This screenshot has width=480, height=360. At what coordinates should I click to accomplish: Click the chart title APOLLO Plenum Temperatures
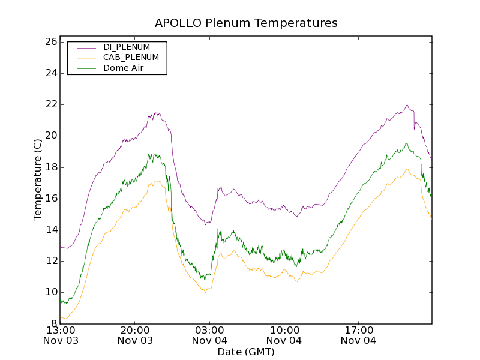coord(246,23)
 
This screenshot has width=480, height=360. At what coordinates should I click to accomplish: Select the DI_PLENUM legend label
coord(127,47)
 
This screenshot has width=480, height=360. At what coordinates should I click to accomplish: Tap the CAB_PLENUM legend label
coord(131,58)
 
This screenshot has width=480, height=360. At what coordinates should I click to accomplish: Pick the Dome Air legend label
coord(124,68)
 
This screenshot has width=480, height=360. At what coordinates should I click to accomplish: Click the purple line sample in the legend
coord(83,47)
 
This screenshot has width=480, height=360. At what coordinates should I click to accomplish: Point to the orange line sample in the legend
coord(83,58)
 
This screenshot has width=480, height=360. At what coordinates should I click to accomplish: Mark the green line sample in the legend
coord(83,68)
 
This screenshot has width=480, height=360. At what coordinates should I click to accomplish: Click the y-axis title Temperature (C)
coord(38,179)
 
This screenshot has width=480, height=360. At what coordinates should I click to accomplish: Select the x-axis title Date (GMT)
coord(246,352)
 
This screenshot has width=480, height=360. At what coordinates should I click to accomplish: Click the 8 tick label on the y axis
coord(53,323)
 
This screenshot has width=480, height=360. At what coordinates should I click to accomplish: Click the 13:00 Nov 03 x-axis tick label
coord(60,335)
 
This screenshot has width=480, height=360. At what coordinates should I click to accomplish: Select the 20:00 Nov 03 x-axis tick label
coord(134,335)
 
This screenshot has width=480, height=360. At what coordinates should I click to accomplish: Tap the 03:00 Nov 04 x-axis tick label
coord(209,335)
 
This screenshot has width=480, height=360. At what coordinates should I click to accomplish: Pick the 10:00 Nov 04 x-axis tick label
coord(284,335)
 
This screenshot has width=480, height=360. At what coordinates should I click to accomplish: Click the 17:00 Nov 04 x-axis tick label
coord(358,335)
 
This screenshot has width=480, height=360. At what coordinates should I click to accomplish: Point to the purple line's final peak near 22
coord(407,105)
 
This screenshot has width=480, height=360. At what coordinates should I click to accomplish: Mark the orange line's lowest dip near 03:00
coord(205,292)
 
